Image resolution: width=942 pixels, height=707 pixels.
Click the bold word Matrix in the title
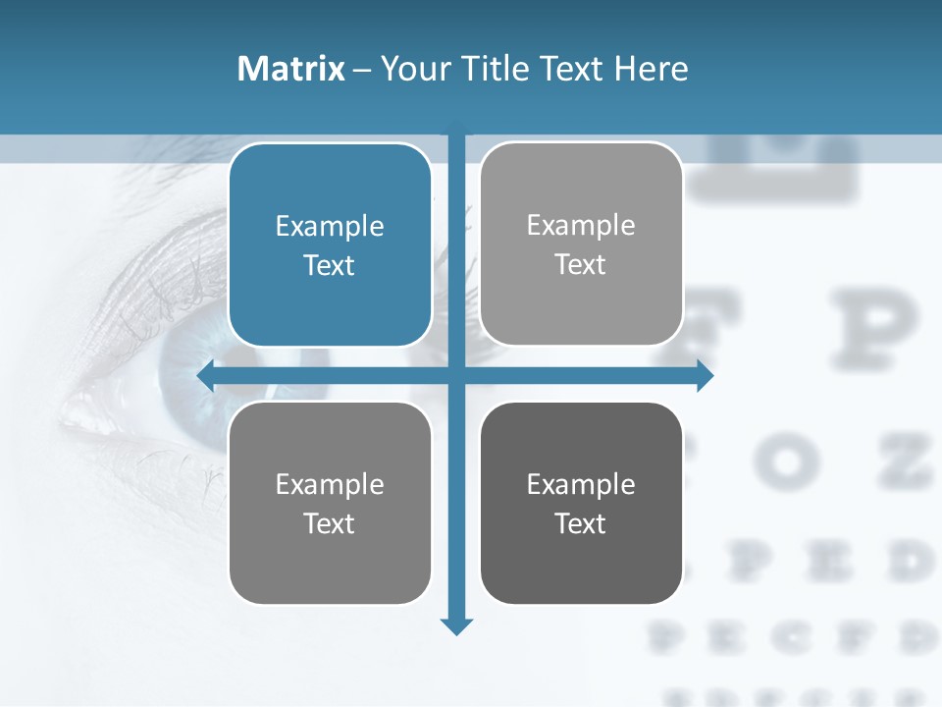click(x=290, y=69)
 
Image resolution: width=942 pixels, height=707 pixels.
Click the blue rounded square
click(x=330, y=245)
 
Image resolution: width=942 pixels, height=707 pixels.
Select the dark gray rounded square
click(x=581, y=503)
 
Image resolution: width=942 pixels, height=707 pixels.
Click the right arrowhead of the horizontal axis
click(x=705, y=375)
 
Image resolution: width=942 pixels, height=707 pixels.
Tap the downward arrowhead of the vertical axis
click(x=456, y=625)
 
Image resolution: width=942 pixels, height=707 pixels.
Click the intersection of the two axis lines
click(x=456, y=375)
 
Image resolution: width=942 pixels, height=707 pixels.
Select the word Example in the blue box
click(x=330, y=226)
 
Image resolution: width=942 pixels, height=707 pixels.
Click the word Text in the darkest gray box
click(x=581, y=523)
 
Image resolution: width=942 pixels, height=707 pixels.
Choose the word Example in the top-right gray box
click(x=581, y=225)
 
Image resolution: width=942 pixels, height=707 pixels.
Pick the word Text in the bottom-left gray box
click(x=330, y=523)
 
